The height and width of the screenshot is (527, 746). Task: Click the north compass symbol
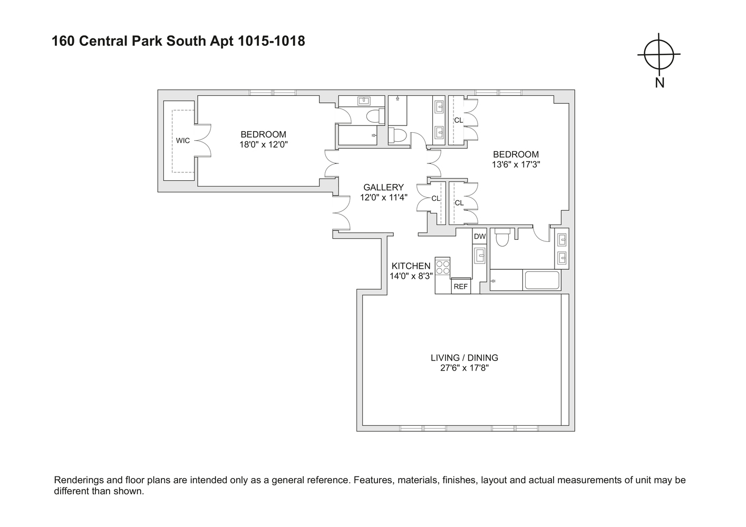coord(659,54)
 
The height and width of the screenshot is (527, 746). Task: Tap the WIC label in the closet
coord(182,140)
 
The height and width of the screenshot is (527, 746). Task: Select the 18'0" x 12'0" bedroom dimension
coord(264,144)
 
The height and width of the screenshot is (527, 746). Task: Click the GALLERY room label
coord(383,187)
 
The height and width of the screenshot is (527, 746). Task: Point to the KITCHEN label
coord(411,266)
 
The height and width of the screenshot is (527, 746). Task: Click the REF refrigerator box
coord(461,286)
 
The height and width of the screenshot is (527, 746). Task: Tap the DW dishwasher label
coord(479,236)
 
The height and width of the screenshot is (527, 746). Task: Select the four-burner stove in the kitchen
coord(443,267)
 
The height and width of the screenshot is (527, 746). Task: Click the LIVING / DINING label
coord(464,358)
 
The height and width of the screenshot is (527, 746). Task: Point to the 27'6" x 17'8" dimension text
coord(464,368)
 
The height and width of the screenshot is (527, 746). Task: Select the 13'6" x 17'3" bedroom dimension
coord(516,164)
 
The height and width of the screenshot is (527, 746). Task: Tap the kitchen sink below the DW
coord(480,256)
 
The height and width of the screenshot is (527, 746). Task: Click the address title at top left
coord(178,41)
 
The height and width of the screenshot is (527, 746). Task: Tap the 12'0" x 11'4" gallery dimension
coord(383,198)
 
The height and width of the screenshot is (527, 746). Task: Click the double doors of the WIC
coord(203,140)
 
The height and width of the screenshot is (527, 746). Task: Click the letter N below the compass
coord(659,83)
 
